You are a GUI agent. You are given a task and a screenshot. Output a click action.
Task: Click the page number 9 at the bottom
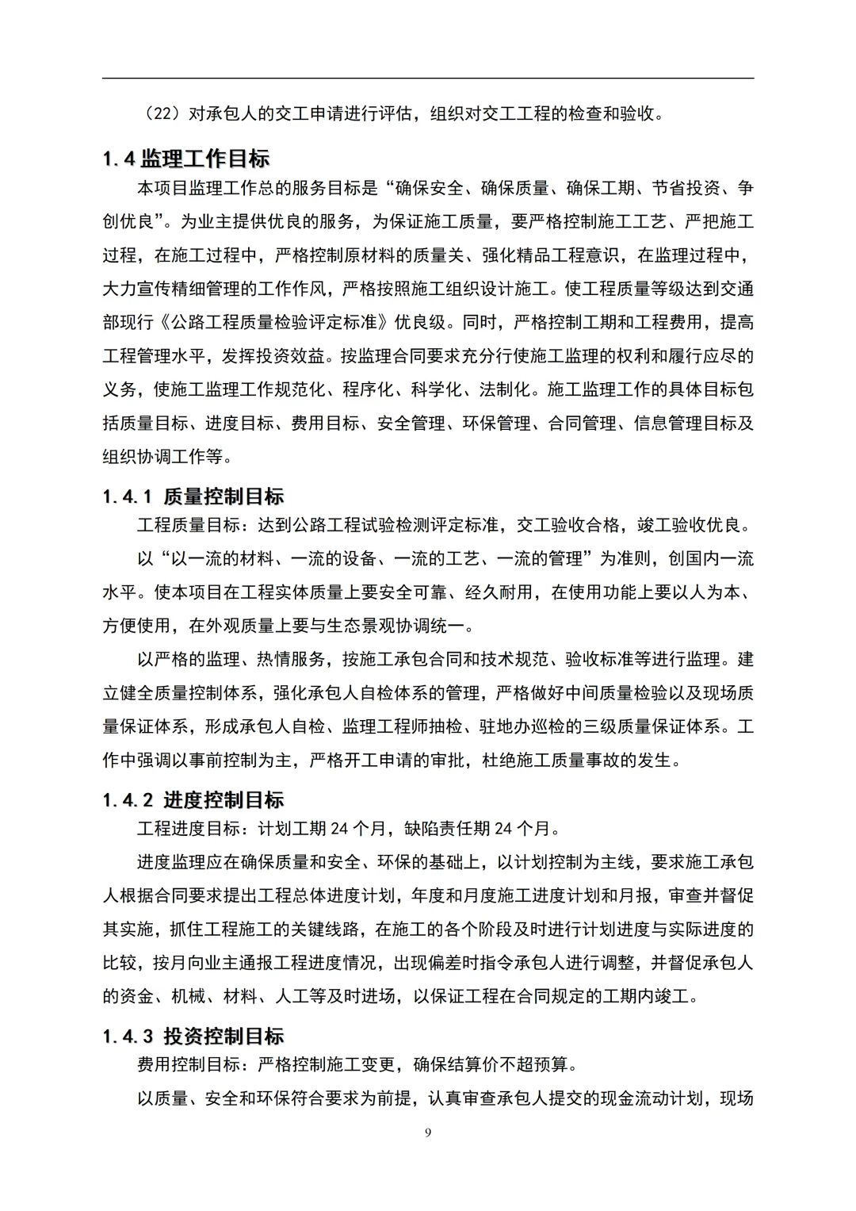click(x=428, y=1132)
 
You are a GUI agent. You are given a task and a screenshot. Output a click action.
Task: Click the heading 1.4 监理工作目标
click(x=186, y=159)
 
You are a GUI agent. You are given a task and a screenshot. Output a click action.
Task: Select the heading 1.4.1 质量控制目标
click(x=193, y=497)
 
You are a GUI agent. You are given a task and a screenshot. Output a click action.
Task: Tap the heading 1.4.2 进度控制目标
click(x=193, y=800)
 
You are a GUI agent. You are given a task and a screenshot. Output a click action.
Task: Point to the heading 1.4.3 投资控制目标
click(x=193, y=1037)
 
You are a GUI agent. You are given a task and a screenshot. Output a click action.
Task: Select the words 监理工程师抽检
click(x=402, y=726)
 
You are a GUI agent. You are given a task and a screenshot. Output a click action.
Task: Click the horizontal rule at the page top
click(x=428, y=78)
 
